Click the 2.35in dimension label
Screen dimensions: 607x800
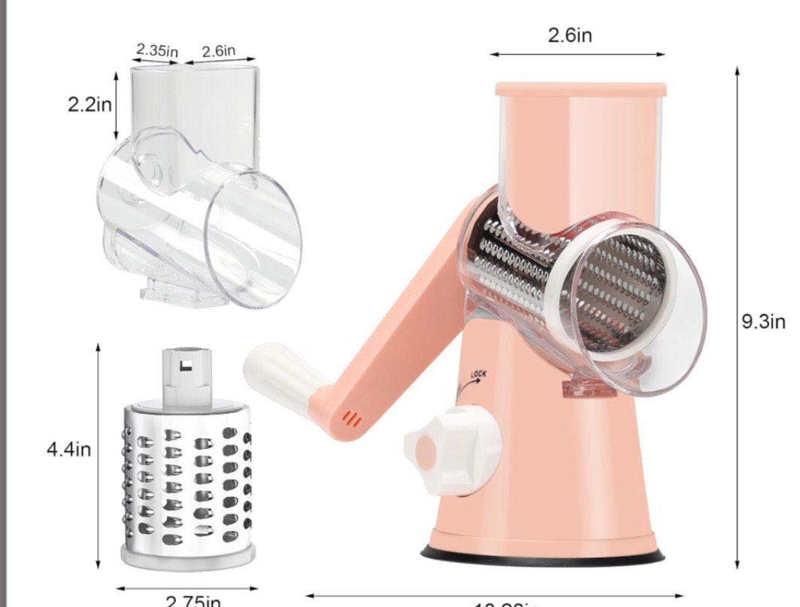coord(156,50)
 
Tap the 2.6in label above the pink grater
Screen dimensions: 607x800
coord(569,35)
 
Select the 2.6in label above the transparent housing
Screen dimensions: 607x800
coord(219,51)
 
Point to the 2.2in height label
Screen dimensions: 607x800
coord(89,105)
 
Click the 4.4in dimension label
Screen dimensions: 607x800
coord(68,450)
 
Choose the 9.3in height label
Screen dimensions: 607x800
coord(763,322)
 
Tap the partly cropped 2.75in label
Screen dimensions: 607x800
coord(192,601)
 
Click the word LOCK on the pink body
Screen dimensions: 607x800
coord(479,374)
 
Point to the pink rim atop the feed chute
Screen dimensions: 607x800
coord(580,89)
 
